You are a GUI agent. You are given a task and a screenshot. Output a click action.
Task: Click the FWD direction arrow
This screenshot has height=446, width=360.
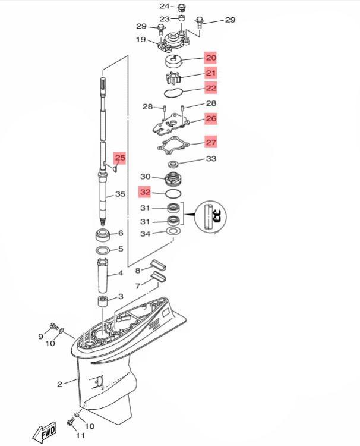coord(45,432)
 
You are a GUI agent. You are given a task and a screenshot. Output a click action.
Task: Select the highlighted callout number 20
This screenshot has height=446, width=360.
coord(211,58)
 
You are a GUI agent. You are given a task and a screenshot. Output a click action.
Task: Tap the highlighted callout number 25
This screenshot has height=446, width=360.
coord(120,158)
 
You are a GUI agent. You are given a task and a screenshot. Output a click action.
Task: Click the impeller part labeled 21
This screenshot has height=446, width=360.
coord(173,78)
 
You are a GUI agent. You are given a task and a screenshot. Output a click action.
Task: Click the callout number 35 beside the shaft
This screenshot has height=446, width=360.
coord(120,194)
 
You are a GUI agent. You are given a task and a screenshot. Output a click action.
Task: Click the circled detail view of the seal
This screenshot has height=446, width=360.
coord(211,217)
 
